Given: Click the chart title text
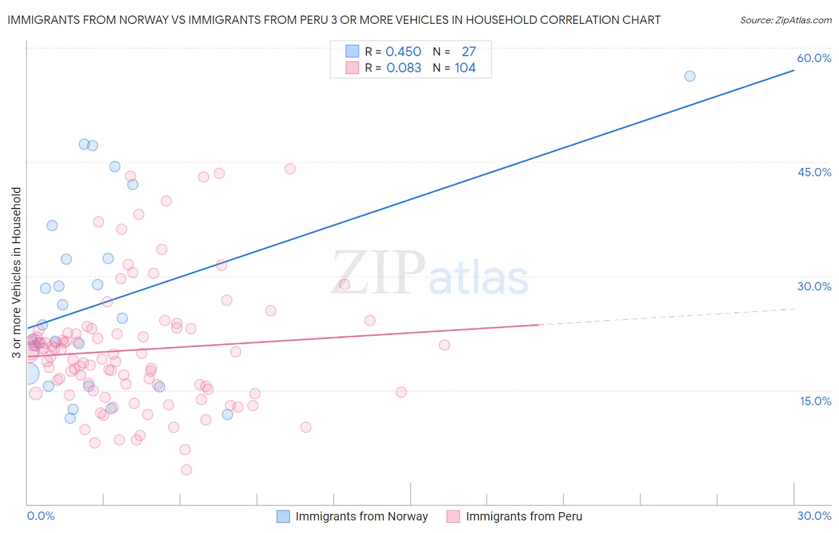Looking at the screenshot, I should click(x=334, y=20).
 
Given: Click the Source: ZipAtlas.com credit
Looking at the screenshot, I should click(x=785, y=20).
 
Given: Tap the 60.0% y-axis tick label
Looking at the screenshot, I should click(x=814, y=58).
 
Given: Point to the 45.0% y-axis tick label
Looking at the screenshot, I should click(x=814, y=172).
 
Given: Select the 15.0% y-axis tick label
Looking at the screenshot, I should click(x=815, y=401).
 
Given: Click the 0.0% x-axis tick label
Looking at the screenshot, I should click(x=41, y=516).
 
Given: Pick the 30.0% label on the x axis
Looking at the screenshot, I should click(x=814, y=516).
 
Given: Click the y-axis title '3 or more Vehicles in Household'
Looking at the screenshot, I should click(x=16, y=272).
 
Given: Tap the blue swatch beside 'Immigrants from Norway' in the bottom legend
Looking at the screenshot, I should click(x=283, y=516).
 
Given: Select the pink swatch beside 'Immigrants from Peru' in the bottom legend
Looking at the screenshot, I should click(x=454, y=516).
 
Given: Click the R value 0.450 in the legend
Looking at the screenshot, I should click(x=403, y=52).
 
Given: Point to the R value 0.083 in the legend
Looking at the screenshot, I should click(x=403, y=68).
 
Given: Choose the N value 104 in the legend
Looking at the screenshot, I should click(x=465, y=68).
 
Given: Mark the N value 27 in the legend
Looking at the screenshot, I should click(x=468, y=52).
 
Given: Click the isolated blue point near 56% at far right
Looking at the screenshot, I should click(x=690, y=76).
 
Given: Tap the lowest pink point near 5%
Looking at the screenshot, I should click(x=186, y=470).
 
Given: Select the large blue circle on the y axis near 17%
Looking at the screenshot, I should click(x=28, y=374).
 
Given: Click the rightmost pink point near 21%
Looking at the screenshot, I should click(x=445, y=345).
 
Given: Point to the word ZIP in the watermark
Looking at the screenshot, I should click(x=378, y=273).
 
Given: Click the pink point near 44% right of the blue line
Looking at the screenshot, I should click(x=290, y=169).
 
